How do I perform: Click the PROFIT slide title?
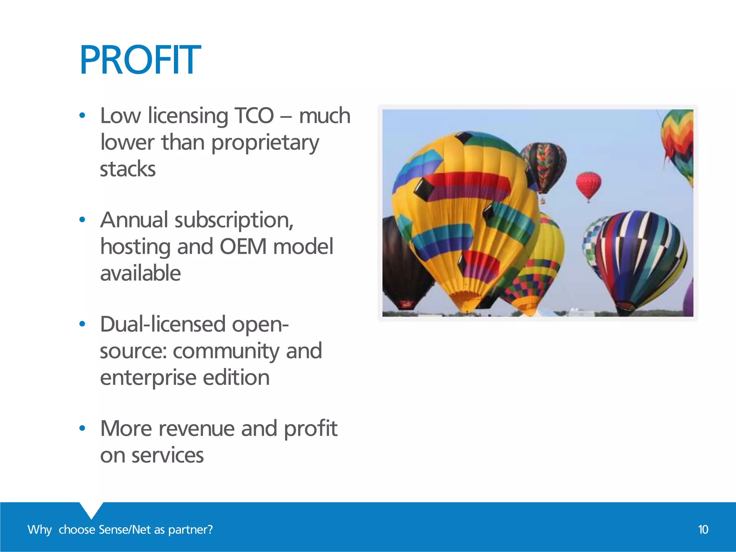point(140,60)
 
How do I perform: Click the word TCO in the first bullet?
point(254,116)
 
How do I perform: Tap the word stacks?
point(128,169)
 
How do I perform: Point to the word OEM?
point(243,247)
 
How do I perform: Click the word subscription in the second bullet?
point(234,220)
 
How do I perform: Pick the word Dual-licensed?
point(162,325)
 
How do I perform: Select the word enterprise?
point(148,378)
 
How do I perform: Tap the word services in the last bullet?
point(167,455)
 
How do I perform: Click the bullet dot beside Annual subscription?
point(82,220)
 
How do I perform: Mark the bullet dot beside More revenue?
point(82,428)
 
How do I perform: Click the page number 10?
point(703,530)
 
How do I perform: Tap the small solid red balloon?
point(588,185)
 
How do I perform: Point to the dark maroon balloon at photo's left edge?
point(399,262)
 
